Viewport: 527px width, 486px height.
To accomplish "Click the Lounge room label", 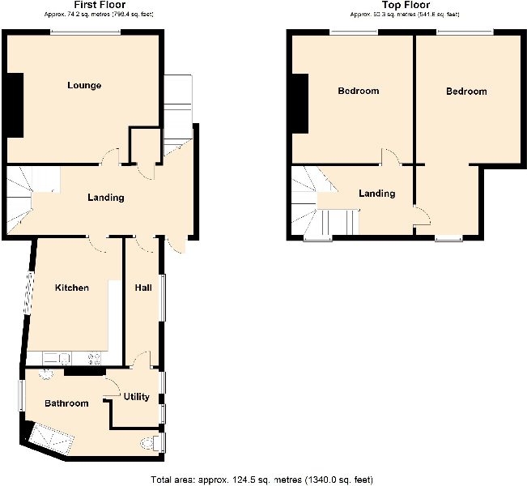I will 84,85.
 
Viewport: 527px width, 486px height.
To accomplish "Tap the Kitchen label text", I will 71,288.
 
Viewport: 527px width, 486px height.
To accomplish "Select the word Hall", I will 143,288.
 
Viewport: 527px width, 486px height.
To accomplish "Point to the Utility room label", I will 137,397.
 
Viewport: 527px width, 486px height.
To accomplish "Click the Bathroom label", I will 66,403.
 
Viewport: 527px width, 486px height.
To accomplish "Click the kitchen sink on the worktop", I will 56,357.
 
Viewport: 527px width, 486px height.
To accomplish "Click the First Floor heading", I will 99,5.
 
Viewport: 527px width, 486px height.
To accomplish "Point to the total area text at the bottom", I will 262,479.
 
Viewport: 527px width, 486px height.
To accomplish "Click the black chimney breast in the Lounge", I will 15,105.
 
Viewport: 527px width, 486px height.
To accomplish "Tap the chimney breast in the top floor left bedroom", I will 300,103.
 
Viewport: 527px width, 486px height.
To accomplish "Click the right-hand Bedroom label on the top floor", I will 466,92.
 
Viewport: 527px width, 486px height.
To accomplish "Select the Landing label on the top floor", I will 376,194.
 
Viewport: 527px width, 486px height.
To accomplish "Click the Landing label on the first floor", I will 105,198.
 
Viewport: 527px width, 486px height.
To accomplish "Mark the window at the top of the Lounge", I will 87,32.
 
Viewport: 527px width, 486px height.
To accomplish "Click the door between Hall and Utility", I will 142,360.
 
